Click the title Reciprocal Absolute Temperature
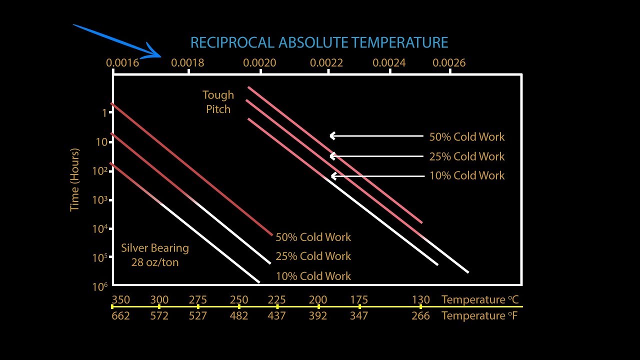[319, 42]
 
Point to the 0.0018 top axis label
[187, 62]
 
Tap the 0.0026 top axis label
[449, 62]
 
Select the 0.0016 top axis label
[122, 62]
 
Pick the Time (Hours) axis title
[74, 179]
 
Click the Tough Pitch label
[218, 102]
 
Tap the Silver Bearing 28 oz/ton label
[155, 255]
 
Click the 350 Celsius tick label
[120, 300]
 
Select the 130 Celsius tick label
[420, 300]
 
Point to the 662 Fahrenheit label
[120, 316]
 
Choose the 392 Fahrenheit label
[318, 316]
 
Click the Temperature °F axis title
[479, 316]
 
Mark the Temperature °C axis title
[479, 300]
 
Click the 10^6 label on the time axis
[100, 286]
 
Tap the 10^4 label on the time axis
[100, 228]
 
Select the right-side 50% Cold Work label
[467, 137]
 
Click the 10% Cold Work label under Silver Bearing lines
[313, 276]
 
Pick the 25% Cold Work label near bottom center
[313, 256]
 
